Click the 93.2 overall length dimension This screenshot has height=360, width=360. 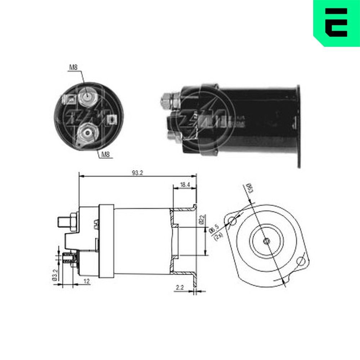pos(138,173)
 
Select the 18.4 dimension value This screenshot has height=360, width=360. pos(185,185)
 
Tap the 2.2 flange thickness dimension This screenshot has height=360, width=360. pos(180,287)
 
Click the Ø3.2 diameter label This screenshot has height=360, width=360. pos(54,274)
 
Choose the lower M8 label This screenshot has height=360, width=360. pos(105,155)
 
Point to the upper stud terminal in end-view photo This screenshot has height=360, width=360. pos(87,96)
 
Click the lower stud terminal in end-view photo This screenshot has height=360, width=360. pos(87,134)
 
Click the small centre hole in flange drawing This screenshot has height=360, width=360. pos(266,241)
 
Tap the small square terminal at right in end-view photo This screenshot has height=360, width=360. pos(113,118)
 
